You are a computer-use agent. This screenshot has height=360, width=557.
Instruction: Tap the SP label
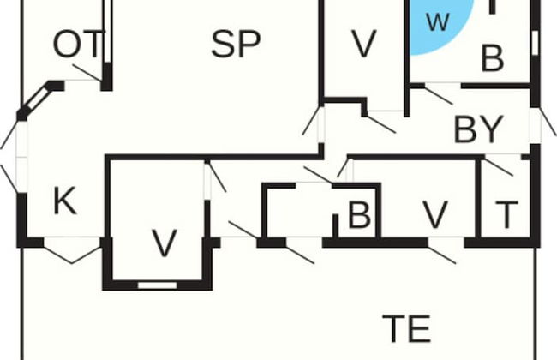pos(236,44)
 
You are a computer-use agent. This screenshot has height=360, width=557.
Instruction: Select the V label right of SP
pos(364,45)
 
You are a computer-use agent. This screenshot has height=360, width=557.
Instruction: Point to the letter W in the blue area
pos(437,23)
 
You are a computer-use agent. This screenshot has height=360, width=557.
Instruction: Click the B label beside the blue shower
pos(492,59)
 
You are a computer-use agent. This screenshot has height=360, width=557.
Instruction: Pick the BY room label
pos(477,129)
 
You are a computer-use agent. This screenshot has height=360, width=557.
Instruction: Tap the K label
pos(64,202)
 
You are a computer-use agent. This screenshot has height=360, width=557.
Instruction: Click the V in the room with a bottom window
pos(164,243)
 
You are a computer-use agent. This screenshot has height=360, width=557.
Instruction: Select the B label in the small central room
pos(358,215)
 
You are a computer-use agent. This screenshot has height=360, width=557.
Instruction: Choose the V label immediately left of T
pos(435,214)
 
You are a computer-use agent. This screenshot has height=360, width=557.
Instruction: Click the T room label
pos(506,214)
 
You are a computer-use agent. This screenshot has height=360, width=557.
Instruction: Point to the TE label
pos(405,328)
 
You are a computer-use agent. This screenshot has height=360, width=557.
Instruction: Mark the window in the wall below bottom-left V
pos(157,284)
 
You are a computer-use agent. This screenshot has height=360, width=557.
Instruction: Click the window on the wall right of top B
pos(535,40)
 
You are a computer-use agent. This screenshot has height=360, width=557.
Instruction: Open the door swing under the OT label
pos(87,73)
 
